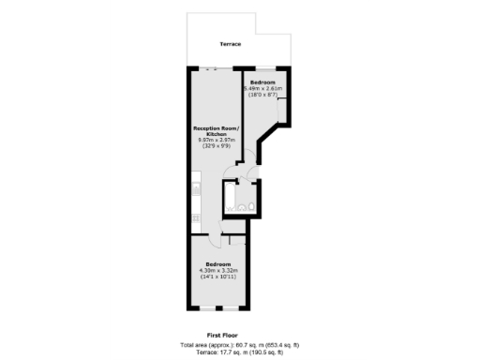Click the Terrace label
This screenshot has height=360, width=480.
[230, 45]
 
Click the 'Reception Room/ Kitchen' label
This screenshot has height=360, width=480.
[217, 130]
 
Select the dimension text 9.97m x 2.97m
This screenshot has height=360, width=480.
[217, 140]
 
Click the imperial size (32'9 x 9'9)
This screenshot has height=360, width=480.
[217, 146]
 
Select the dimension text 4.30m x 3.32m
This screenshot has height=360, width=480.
[218, 270]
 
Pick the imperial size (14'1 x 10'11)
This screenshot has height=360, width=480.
[218, 277]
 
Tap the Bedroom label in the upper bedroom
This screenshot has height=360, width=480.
[263, 82]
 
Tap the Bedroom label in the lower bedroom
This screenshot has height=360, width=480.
[218, 263]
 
